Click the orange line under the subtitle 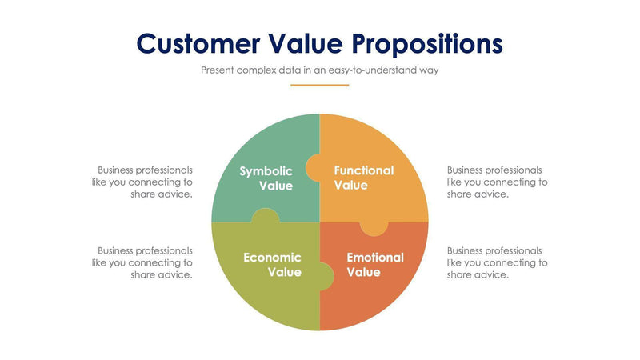[319, 85]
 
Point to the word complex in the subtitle [255, 70]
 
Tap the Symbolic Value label [266, 178]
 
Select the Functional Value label [363, 178]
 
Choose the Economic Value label [272, 265]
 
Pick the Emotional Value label [374, 265]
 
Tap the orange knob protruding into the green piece [313, 169]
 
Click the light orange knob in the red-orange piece [374, 229]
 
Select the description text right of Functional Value [497, 182]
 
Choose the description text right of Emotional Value [497, 262]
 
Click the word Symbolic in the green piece [266, 170]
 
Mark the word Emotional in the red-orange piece [374, 258]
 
